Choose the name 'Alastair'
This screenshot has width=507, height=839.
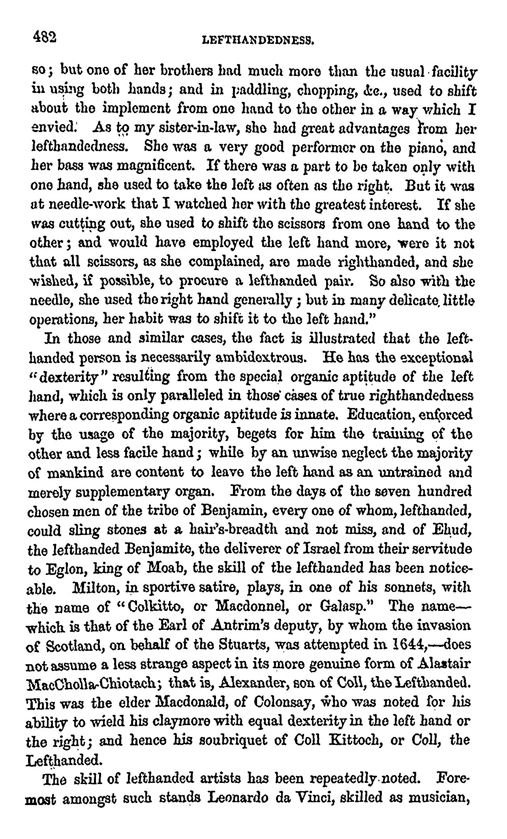coord(447,663)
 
